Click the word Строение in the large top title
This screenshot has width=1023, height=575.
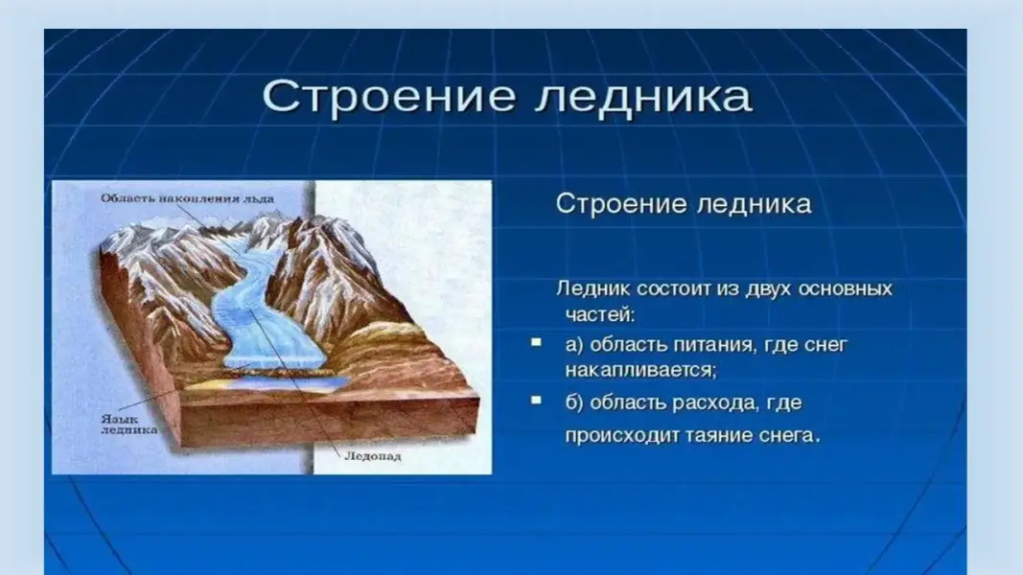(x=389, y=98)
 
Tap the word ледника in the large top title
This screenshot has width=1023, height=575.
(x=644, y=98)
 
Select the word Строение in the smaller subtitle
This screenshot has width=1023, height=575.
(x=621, y=204)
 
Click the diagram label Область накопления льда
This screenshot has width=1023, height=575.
(x=187, y=198)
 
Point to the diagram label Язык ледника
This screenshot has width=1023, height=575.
(x=128, y=425)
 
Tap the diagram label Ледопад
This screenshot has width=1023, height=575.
(x=373, y=456)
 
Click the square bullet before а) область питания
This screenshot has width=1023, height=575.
(x=536, y=342)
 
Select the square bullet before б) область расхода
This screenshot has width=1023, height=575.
(x=536, y=400)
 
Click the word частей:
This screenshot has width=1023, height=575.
(x=599, y=314)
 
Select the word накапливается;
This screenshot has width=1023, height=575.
(x=640, y=370)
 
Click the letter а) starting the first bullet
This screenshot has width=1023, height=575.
(x=574, y=344)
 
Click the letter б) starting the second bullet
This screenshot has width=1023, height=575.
(x=574, y=402)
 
